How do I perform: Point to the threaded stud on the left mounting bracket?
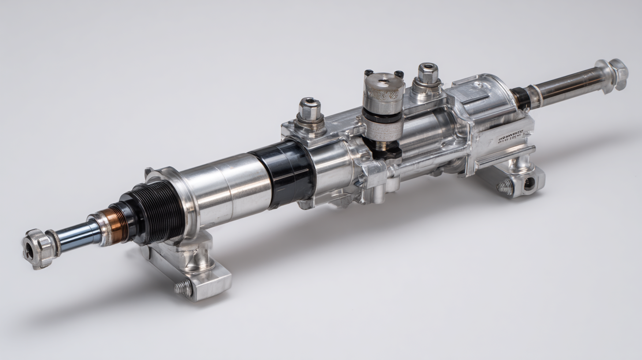click(x=183, y=288)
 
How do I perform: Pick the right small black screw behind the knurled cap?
click(x=399, y=74)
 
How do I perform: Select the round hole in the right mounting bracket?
click(x=529, y=183)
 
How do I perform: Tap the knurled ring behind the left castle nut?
click(x=54, y=243)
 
